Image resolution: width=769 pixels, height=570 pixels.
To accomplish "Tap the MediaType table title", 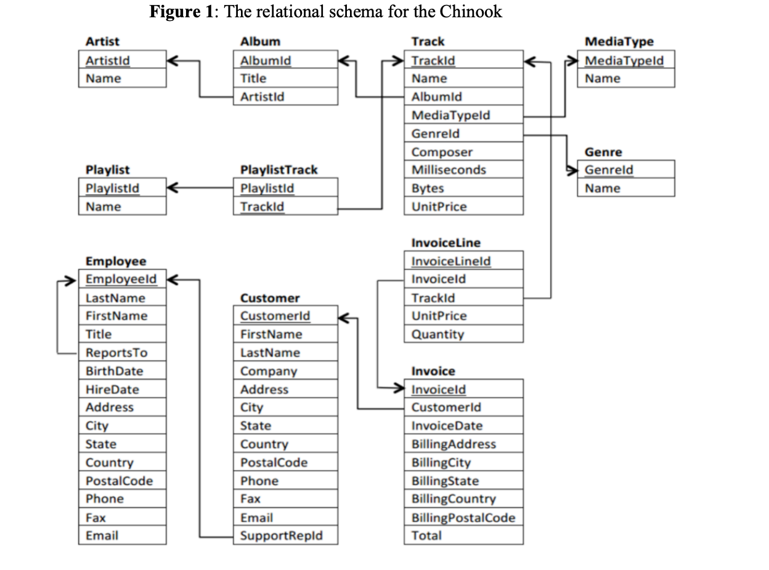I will click(x=619, y=42).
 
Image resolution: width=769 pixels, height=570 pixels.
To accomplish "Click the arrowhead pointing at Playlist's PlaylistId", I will click(x=173, y=188).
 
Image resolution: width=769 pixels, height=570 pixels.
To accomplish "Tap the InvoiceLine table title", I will click(x=446, y=243).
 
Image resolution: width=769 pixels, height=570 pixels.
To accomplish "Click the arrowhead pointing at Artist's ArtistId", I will click(x=173, y=60).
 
